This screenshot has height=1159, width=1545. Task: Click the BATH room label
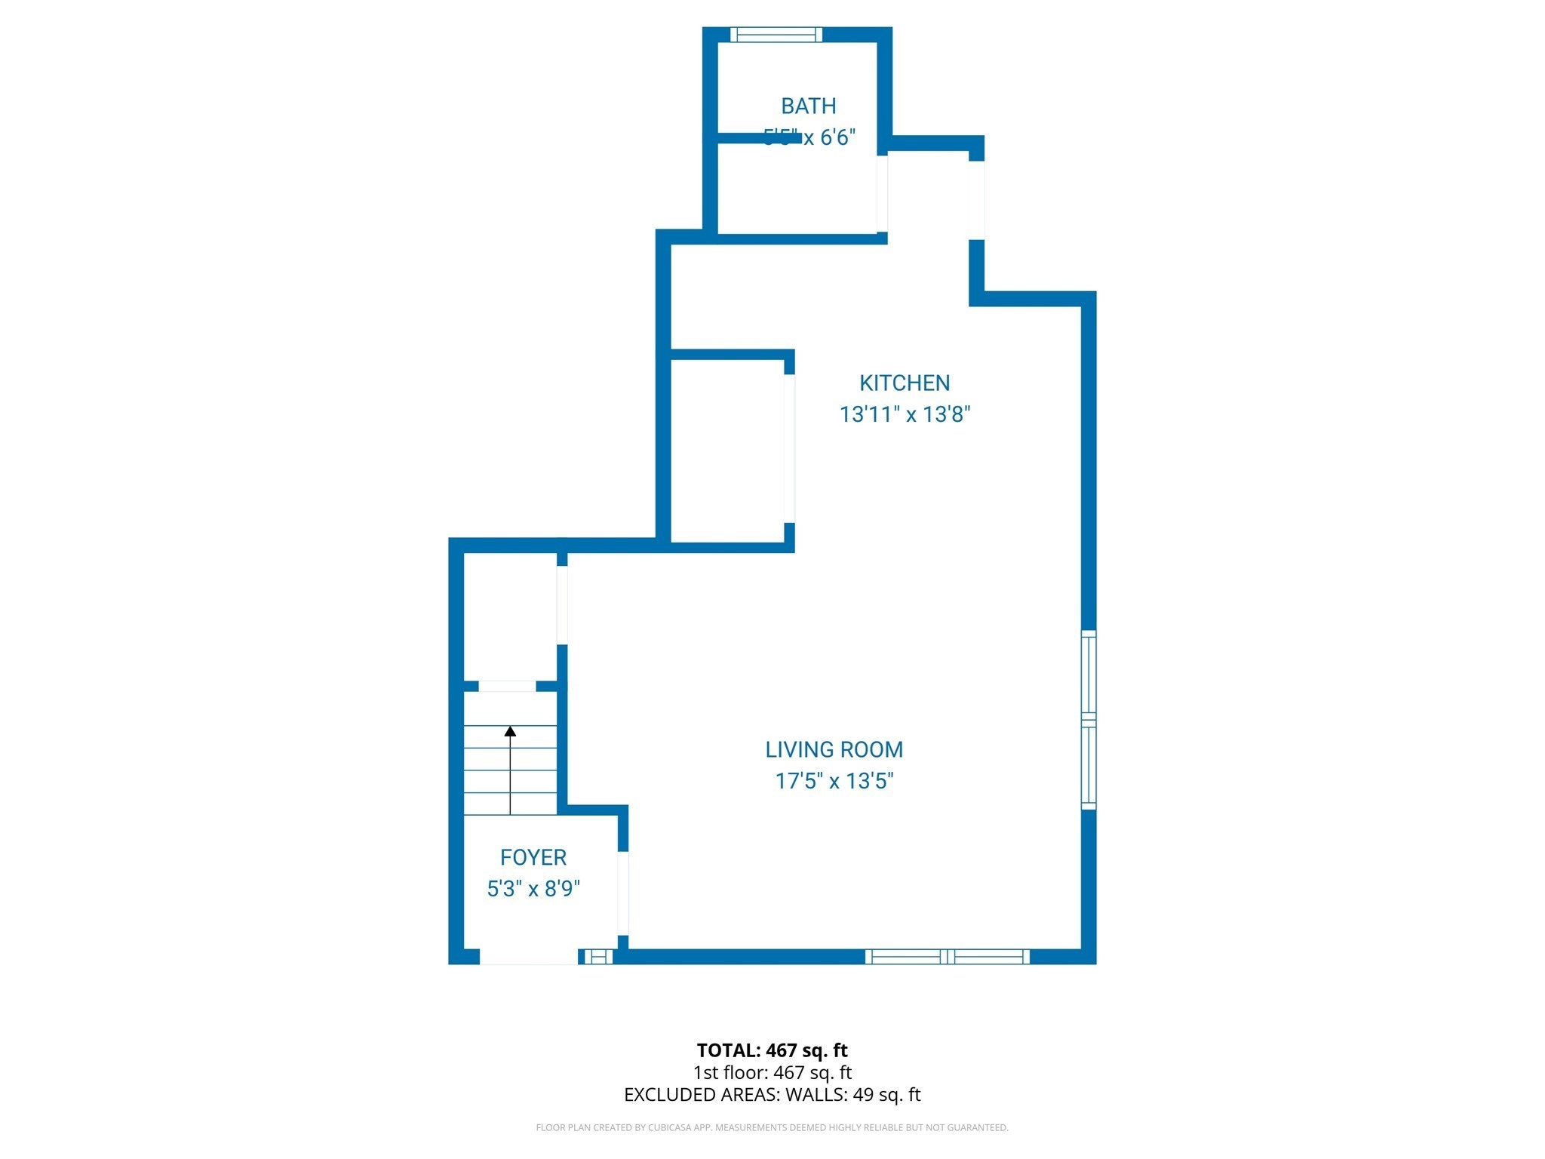tap(808, 106)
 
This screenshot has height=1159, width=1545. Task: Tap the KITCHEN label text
tap(905, 383)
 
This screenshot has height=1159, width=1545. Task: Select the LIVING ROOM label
tap(834, 749)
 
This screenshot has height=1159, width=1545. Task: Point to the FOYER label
tap(533, 857)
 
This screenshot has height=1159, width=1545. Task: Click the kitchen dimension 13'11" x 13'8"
tap(905, 414)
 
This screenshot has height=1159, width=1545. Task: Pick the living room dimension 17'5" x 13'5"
tap(834, 781)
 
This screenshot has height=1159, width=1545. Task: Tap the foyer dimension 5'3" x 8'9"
tap(533, 889)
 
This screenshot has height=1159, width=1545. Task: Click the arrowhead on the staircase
tap(510, 731)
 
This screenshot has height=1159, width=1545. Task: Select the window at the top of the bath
tap(776, 35)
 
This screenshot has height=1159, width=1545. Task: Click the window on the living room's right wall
tap(1088, 720)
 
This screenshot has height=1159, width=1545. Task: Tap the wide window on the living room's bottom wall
tap(947, 957)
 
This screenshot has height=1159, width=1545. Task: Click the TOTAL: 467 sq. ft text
tap(772, 1050)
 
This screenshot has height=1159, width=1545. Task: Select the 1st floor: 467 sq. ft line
tap(772, 1072)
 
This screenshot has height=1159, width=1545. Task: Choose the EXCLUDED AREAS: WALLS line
tap(772, 1095)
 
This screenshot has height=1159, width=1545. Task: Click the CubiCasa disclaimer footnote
tap(772, 1127)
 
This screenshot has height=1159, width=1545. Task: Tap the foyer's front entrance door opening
tap(529, 957)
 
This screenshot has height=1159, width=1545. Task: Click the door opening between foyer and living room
tap(623, 893)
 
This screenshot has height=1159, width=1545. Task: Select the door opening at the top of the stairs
tap(507, 686)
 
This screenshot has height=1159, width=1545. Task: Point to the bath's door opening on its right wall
tap(882, 194)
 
